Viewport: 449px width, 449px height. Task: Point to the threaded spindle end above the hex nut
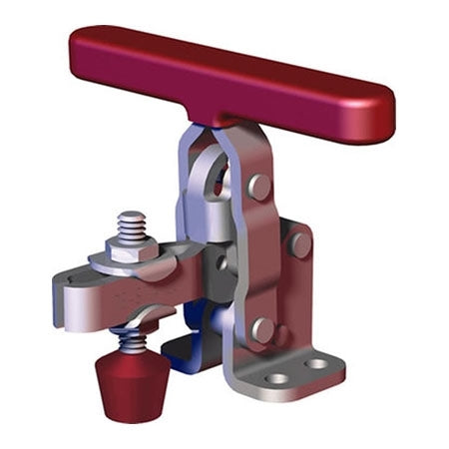(130, 222)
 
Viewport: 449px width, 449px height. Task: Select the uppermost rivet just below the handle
(258, 186)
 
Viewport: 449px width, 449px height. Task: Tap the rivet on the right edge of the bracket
(298, 242)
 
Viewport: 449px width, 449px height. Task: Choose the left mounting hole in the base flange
(279, 378)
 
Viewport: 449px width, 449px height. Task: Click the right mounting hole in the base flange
(316, 363)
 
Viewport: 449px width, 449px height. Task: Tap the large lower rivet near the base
(262, 329)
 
